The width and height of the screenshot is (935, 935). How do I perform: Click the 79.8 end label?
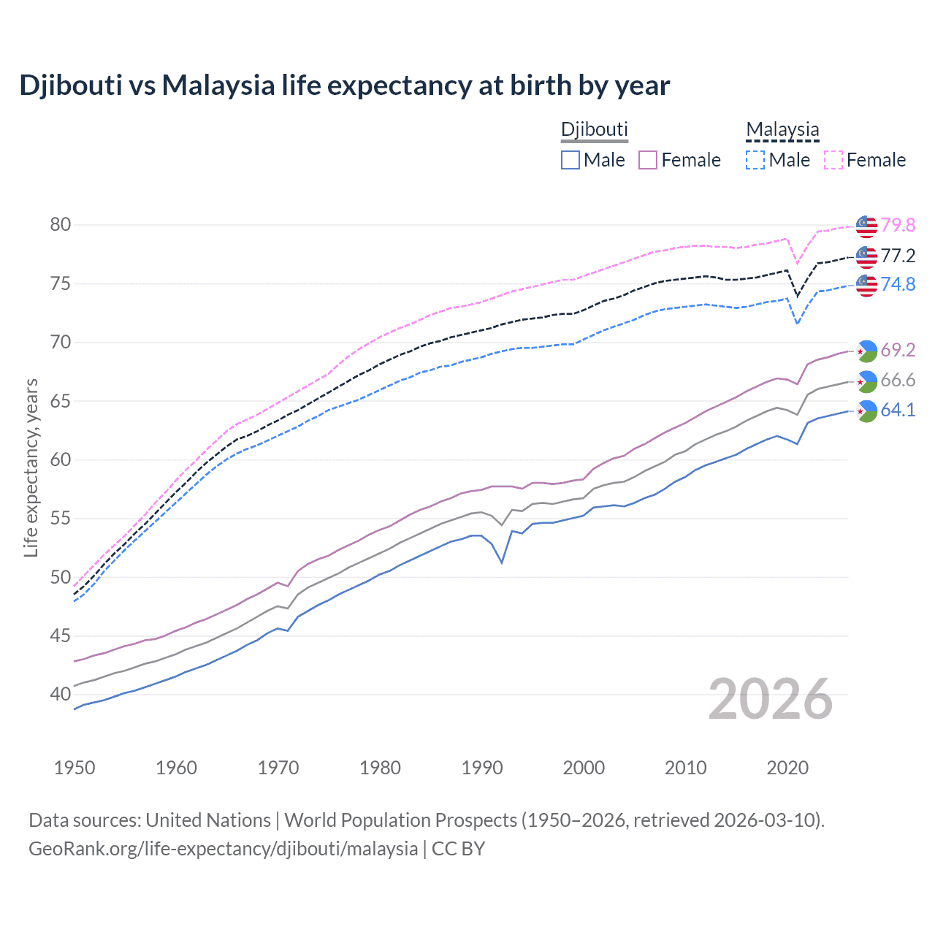click(898, 226)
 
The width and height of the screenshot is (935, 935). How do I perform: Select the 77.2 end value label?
click(898, 256)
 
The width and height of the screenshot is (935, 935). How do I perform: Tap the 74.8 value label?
click(898, 284)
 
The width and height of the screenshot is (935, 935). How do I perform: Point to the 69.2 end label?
click(898, 351)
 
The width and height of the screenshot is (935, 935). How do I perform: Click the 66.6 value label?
click(898, 381)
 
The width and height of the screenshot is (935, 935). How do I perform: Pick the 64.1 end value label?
click(898, 411)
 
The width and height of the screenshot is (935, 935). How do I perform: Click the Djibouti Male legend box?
click(570, 160)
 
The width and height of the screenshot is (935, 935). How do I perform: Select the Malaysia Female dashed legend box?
click(833, 160)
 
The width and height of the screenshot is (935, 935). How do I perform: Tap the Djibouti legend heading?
click(594, 130)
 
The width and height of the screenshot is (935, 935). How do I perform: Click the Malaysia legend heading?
click(782, 130)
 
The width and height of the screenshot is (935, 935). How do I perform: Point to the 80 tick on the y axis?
click(61, 225)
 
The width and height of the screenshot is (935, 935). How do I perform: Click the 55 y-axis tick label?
click(61, 519)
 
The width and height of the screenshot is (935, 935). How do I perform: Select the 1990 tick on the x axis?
click(482, 768)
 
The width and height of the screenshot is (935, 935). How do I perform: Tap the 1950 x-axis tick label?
click(75, 768)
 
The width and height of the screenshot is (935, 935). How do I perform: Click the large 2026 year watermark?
click(771, 699)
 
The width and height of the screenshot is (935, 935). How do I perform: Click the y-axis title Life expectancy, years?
click(31, 467)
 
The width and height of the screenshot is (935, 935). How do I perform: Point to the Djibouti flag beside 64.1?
click(866, 411)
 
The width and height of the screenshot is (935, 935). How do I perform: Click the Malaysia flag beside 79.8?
click(866, 226)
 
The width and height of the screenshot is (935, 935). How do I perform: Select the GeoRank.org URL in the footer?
click(223, 849)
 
